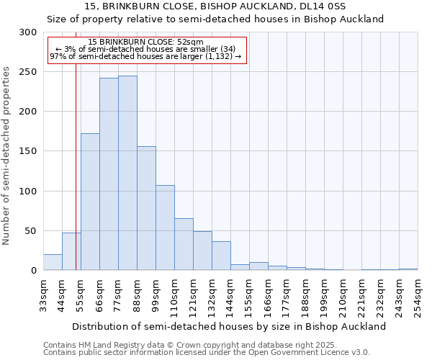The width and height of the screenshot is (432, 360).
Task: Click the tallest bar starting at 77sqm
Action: [x=127, y=173]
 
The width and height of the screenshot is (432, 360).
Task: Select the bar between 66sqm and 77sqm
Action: [x=109, y=174]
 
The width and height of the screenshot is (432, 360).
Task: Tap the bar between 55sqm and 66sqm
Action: [x=90, y=202]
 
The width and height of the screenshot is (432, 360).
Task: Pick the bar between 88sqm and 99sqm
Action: [x=146, y=208]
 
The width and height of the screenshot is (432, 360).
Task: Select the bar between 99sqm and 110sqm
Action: [x=165, y=228]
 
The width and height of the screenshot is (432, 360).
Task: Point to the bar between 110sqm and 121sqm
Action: [x=184, y=244]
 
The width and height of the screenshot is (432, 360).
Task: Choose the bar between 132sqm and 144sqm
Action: [x=221, y=256]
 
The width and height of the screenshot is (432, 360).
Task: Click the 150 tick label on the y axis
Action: [x=27, y=151]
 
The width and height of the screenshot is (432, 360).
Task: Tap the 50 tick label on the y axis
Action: [x=30, y=231]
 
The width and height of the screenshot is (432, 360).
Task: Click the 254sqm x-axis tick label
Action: [x=418, y=296]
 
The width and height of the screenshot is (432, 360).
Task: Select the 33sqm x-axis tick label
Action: [x=43, y=296]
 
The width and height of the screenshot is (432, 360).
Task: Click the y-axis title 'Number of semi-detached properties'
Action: [x=7, y=156]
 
